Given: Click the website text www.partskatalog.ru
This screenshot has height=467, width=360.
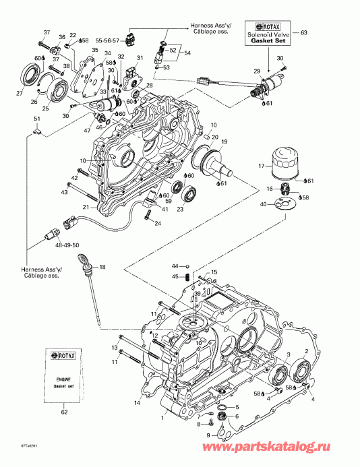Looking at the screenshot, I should (294, 447).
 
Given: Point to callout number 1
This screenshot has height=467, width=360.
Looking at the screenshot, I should (162, 418).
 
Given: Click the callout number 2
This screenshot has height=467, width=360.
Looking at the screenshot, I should (307, 351).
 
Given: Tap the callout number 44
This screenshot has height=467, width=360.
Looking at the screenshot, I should (173, 266).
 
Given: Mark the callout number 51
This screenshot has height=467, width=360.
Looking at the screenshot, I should (36, 119).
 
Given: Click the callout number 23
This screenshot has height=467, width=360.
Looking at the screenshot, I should (180, 209).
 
